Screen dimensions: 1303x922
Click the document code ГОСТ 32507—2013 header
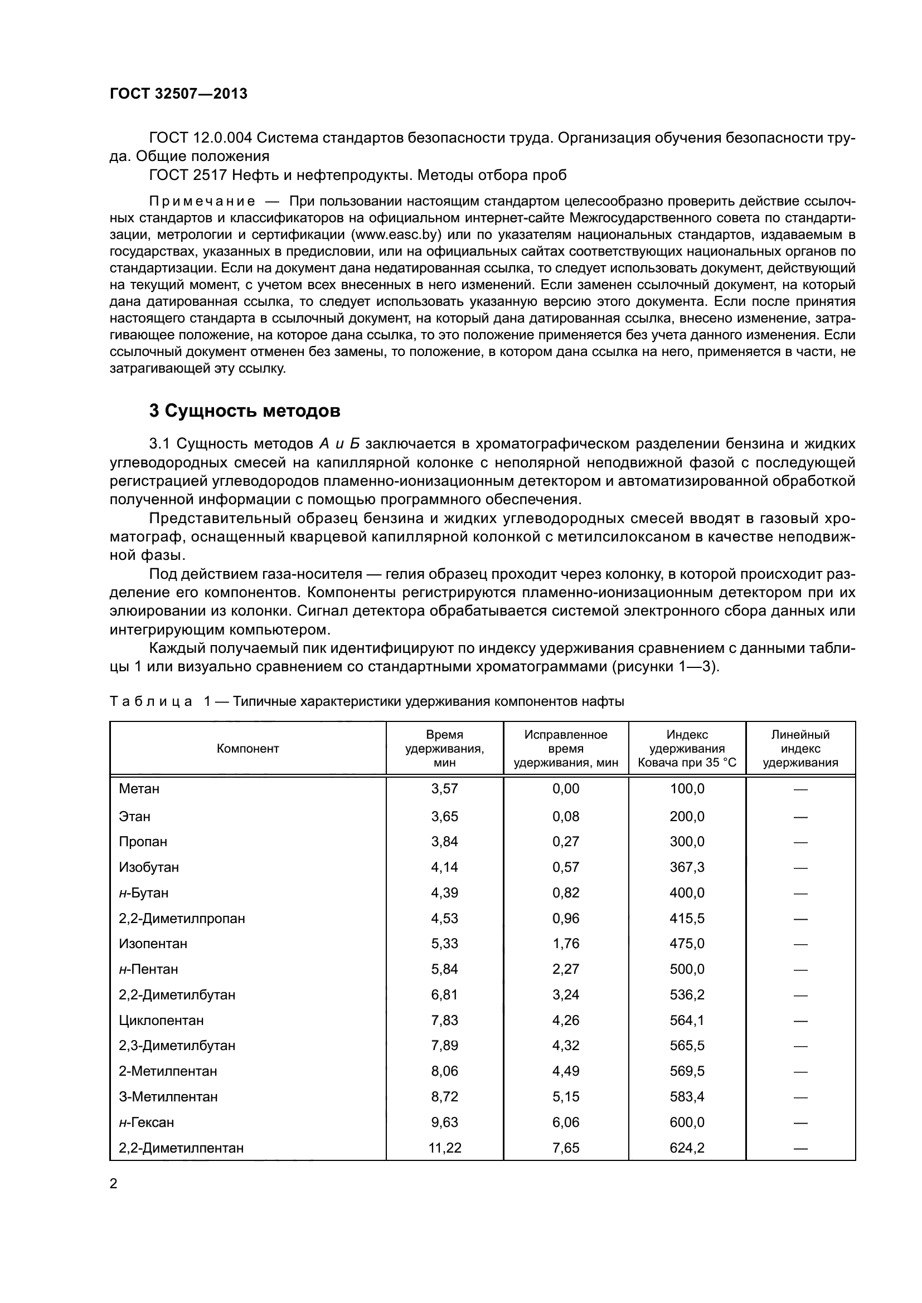(x=178, y=94)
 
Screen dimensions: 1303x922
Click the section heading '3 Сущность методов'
(x=245, y=411)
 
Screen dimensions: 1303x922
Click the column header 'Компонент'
(x=248, y=749)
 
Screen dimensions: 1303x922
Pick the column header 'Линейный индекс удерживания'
(x=800, y=749)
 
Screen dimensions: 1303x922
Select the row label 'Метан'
(x=139, y=789)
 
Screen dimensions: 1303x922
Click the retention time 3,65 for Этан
(x=444, y=817)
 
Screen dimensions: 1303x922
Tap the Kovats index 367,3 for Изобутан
(x=686, y=867)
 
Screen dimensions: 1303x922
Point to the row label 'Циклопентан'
(x=161, y=1021)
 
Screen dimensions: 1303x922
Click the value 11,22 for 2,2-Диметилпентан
(x=444, y=1148)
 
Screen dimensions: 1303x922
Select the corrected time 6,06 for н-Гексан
(x=565, y=1123)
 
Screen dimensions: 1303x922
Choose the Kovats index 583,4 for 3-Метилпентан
(x=686, y=1097)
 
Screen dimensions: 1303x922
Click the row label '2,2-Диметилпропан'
(x=182, y=918)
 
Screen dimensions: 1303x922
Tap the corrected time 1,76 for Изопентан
(x=565, y=944)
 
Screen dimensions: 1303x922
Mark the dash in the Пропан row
(x=800, y=842)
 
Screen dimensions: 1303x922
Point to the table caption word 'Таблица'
(x=151, y=701)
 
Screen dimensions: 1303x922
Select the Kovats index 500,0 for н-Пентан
(x=686, y=969)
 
